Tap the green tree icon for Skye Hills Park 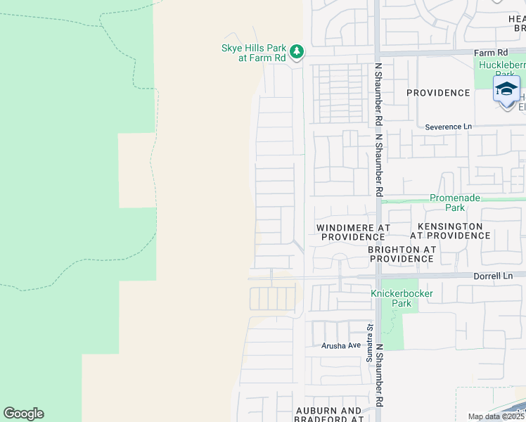point(297,51)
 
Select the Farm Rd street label point(490,53)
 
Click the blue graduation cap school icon point(506,89)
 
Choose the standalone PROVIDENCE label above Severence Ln point(438,93)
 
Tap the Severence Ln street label point(449,127)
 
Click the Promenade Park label point(456,203)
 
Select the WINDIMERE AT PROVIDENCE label point(353,233)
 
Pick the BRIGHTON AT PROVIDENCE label point(402,254)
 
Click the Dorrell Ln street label point(492,276)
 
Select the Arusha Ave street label point(341,345)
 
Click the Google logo point(23,414)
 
